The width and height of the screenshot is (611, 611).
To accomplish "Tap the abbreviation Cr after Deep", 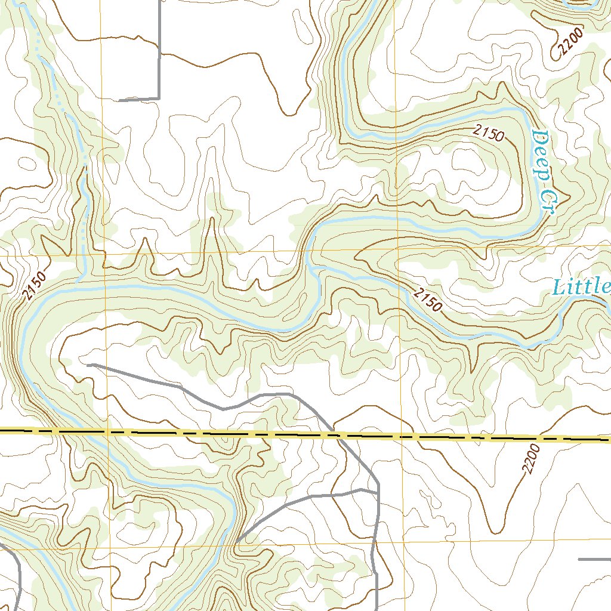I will point(547,203).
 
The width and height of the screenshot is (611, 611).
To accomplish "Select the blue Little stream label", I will point(581,287).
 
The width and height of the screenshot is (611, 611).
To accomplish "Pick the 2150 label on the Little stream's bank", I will point(428,300).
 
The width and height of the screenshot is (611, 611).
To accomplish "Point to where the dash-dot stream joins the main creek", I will point(79,280).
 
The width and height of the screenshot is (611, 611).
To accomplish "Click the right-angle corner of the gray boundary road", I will point(159,98).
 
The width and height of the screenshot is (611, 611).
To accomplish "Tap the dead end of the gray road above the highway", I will point(88,364).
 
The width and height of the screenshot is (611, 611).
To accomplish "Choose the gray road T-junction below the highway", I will point(377,492).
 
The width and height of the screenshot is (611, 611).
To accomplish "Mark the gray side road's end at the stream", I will point(236,542).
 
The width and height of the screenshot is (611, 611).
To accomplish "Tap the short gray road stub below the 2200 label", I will point(594,560).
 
